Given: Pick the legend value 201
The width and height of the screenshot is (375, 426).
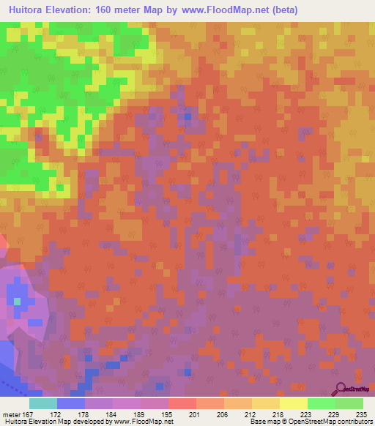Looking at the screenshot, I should (x=195, y=414).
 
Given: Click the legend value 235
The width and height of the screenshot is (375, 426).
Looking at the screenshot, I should (x=361, y=414).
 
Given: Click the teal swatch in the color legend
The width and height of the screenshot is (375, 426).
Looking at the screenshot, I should (x=43, y=403).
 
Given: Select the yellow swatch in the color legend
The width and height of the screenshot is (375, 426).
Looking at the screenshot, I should (x=293, y=403).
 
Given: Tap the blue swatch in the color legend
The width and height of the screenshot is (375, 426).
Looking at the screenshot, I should (x=71, y=403).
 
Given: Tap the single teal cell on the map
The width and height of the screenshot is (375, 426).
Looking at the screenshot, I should (x=17, y=300).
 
